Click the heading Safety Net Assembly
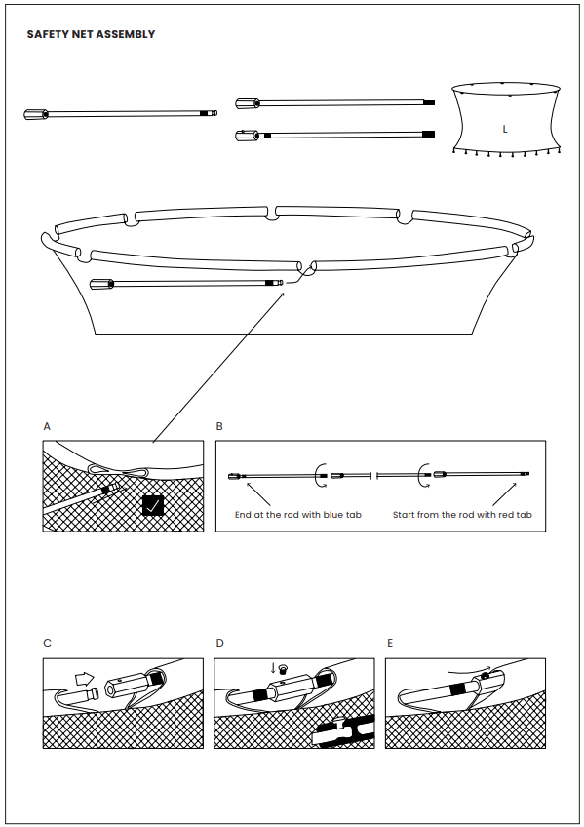tap(91, 34)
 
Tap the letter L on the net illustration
tap(505, 129)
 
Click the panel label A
tap(47, 426)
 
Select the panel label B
tap(219, 426)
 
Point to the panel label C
tap(47, 643)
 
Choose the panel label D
tap(219, 643)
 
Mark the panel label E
tap(390, 643)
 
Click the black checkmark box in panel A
tap(153, 506)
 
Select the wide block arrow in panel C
tap(84, 677)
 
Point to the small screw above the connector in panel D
tap(283, 669)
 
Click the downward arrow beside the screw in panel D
tap(273, 668)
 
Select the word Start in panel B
tap(404, 515)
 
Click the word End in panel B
tap(243, 515)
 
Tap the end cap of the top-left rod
tap(36, 114)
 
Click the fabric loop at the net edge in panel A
tap(119, 470)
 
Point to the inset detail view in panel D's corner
tap(343, 731)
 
